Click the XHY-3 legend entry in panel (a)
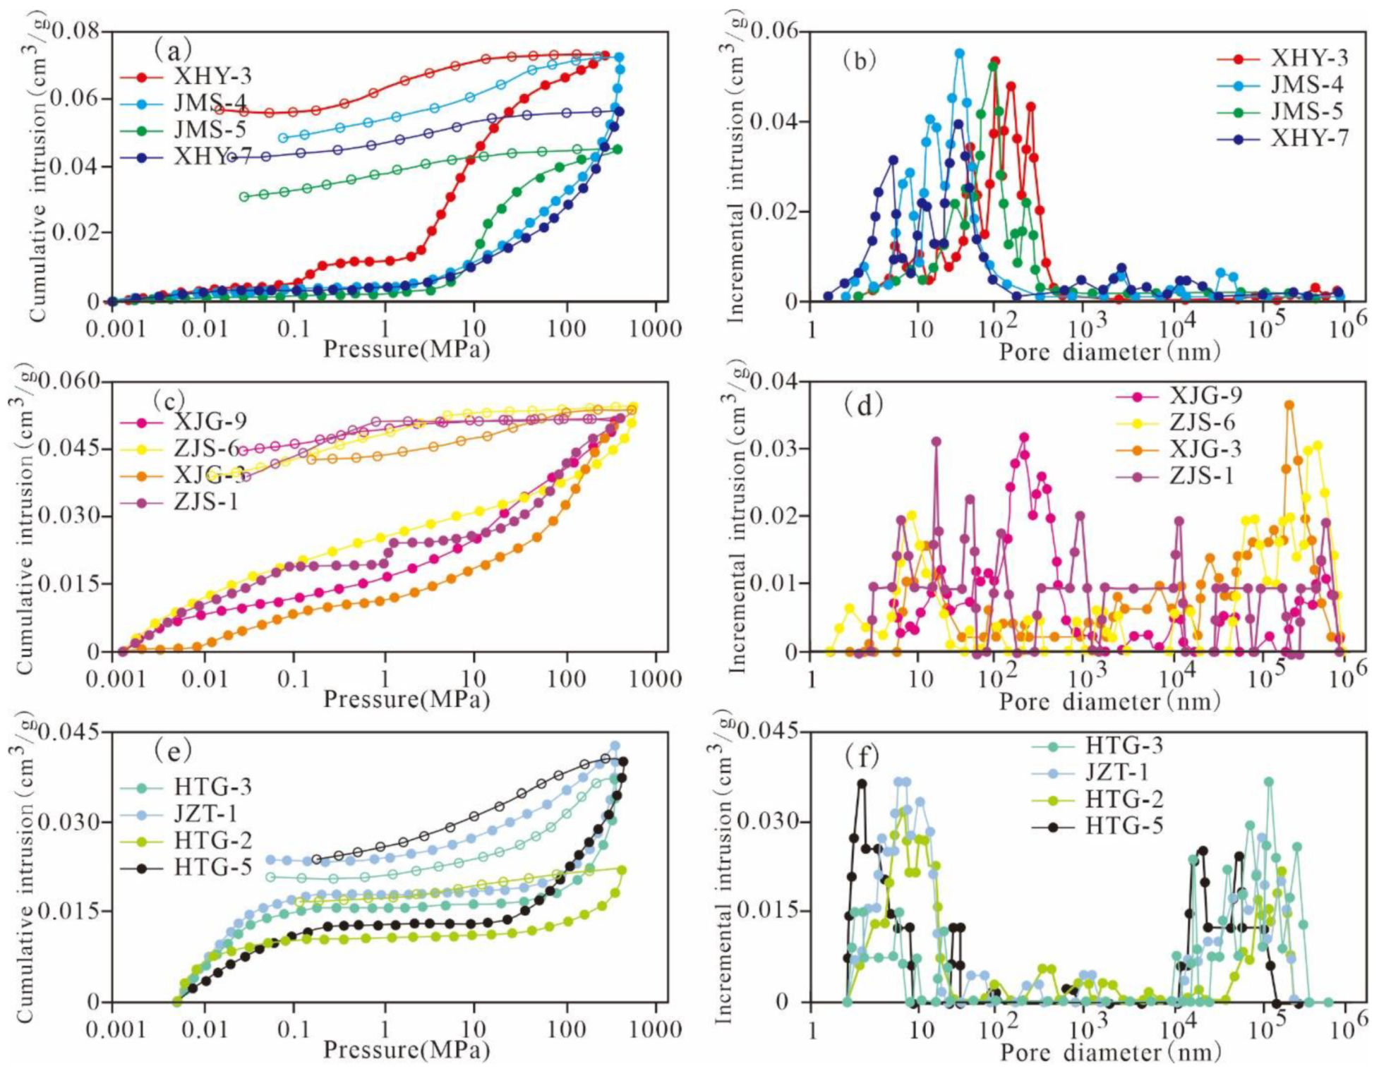click(212, 76)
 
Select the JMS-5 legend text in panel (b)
click(1306, 111)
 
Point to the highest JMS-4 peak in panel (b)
click(959, 53)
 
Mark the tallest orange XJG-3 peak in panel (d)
click(1289, 405)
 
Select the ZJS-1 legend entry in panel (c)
click(206, 502)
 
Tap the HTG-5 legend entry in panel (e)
click(212, 867)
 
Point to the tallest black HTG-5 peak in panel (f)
click(862, 783)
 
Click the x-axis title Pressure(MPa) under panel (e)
click(407, 1050)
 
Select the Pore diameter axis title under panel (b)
click(1109, 351)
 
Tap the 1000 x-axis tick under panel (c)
click(655, 679)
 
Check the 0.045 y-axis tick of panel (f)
click(773, 732)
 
